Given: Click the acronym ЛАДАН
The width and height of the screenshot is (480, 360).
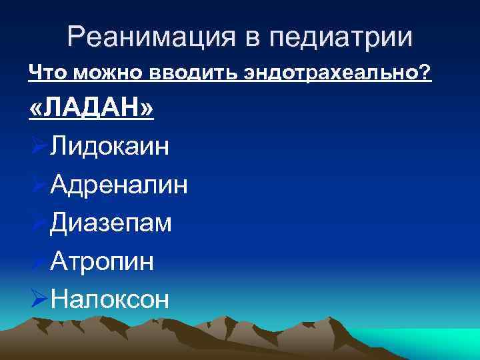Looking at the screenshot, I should tap(92, 108).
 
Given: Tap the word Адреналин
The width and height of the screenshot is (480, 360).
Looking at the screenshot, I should tap(119, 184).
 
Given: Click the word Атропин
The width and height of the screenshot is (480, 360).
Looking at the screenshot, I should tap(102, 261).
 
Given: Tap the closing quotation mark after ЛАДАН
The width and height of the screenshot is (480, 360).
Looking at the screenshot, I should tap(145, 109).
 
